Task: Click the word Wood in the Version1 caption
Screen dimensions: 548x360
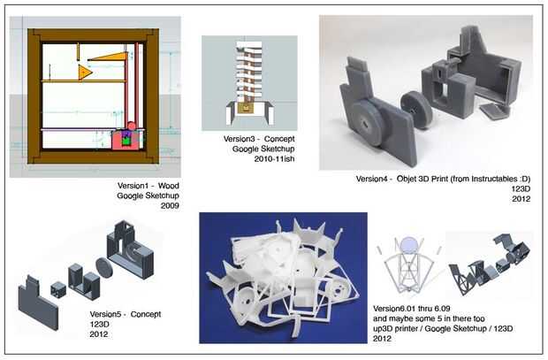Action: pyautogui.click(x=169, y=186)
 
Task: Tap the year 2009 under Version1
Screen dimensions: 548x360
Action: pyautogui.click(x=170, y=206)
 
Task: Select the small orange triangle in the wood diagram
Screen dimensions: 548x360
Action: pyautogui.click(x=85, y=72)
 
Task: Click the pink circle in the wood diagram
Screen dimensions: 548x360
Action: pyautogui.click(x=131, y=126)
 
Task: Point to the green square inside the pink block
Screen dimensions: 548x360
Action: pyautogui.click(x=126, y=142)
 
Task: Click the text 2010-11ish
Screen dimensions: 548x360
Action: pyautogui.click(x=274, y=159)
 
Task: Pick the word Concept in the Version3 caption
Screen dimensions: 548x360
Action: pyautogui.click(x=279, y=139)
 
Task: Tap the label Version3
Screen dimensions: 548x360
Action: pyautogui.click(x=239, y=139)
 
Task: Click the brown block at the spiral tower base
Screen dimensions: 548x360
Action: pyautogui.click(x=247, y=108)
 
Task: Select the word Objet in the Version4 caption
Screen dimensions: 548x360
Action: pyautogui.click(x=406, y=179)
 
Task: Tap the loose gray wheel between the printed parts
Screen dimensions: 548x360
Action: pyautogui.click(x=415, y=109)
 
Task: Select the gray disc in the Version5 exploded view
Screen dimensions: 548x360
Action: pyautogui.click(x=103, y=268)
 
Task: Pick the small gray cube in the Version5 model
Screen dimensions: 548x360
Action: pyautogui.click(x=58, y=289)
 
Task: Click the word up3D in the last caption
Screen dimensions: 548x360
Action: pyautogui.click(x=383, y=329)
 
